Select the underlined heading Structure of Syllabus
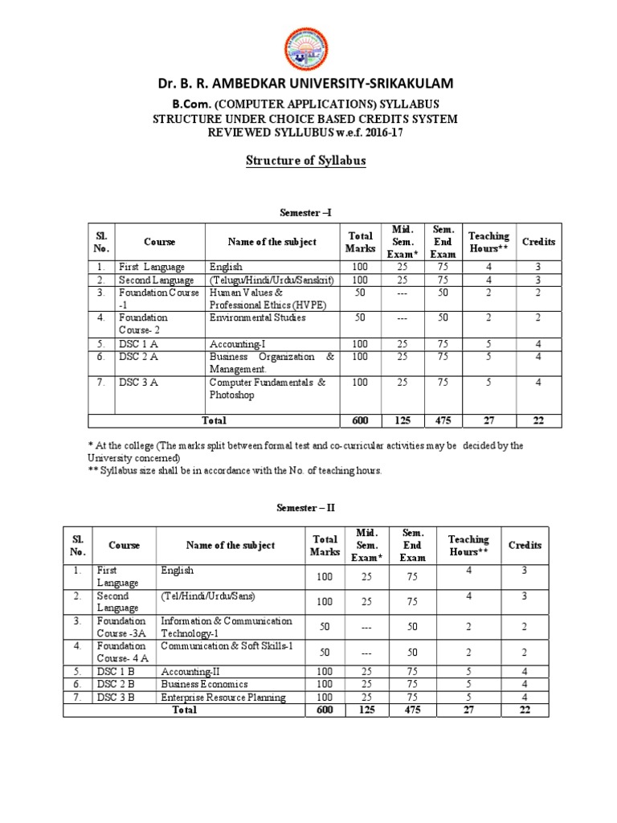pyautogui.click(x=305, y=161)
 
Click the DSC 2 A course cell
pyautogui.click(x=138, y=357)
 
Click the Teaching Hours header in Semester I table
pyautogui.click(x=488, y=242)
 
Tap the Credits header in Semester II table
pyautogui.click(x=525, y=545)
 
